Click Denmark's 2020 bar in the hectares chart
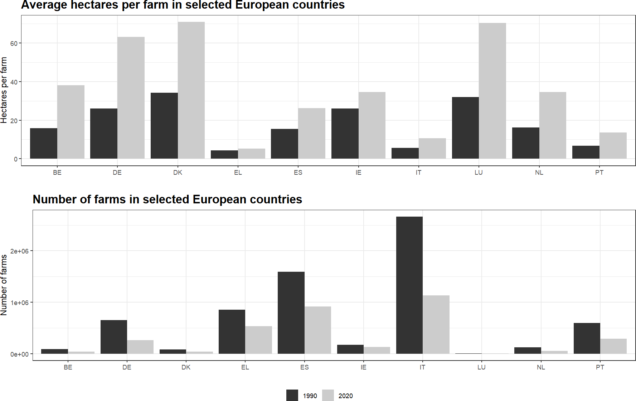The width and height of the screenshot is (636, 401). pyautogui.click(x=191, y=90)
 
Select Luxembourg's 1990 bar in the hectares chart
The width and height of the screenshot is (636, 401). pyautogui.click(x=465, y=128)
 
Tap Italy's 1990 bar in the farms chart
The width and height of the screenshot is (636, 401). pyautogui.click(x=409, y=285)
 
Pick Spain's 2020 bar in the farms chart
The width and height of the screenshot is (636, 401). pyautogui.click(x=318, y=330)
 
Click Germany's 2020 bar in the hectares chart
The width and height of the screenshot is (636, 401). pyautogui.click(x=131, y=98)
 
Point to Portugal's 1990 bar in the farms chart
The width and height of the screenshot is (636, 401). pyautogui.click(x=587, y=338)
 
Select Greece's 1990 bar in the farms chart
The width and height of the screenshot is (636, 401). pyautogui.click(x=232, y=332)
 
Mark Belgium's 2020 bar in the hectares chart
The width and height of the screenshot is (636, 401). pyautogui.click(x=71, y=122)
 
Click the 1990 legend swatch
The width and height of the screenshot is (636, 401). pyautogui.click(x=292, y=395)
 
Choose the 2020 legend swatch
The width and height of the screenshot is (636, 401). pyautogui.click(x=328, y=395)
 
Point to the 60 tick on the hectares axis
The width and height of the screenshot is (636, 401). pyautogui.click(x=14, y=43)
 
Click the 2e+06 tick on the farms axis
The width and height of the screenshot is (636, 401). pyautogui.click(x=19, y=251)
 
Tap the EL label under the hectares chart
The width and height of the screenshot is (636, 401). pyautogui.click(x=238, y=173)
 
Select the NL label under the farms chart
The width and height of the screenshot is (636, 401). pyautogui.click(x=541, y=367)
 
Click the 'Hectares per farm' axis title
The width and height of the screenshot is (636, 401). pyautogui.click(x=4, y=90)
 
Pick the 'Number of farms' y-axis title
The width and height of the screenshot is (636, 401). pyautogui.click(x=4, y=285)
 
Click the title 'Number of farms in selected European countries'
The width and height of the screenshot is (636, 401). pyautogui.click(x=168, y=199)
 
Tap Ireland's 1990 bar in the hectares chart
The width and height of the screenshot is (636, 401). pyautogui.click(x=345, y=134)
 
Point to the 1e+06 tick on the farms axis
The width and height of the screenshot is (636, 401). pyautogui.click(x=19, y=303)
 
